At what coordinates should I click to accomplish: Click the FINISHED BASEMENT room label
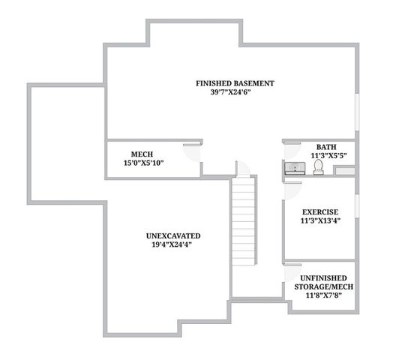235,82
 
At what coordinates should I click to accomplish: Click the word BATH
325,147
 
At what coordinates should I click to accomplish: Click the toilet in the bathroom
318,167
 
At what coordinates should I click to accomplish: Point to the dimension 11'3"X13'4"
320,221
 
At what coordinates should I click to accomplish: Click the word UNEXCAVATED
172,235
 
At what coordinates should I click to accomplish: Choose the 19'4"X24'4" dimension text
172,245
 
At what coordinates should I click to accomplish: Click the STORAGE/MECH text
328,286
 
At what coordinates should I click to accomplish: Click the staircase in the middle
244,225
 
